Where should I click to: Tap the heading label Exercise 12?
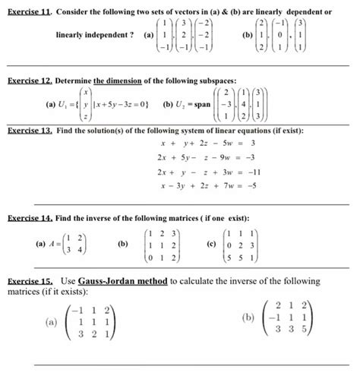click(29, 80)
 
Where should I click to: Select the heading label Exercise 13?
click(29, 131)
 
